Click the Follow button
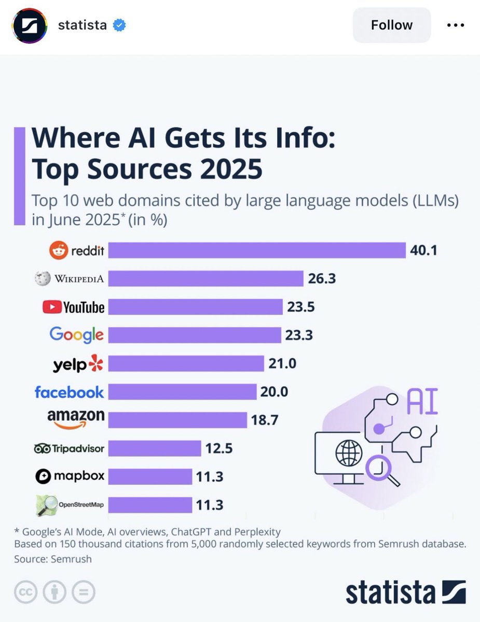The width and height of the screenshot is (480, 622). [392, 25]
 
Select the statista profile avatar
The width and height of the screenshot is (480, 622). [30, 25]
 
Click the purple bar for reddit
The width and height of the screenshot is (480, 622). [256, 250]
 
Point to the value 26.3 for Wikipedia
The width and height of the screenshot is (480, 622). [322, 279]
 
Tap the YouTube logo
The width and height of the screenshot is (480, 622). [73, 307]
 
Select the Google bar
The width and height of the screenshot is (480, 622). [194, 335]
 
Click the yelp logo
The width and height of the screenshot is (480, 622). [78, 364]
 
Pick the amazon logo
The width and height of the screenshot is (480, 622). [76, 419]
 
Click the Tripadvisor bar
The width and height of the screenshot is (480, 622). [155, 448]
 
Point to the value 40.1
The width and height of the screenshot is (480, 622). [424, 250]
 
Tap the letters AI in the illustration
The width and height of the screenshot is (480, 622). [422, 403]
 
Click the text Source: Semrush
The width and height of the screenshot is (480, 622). [53, 559]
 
